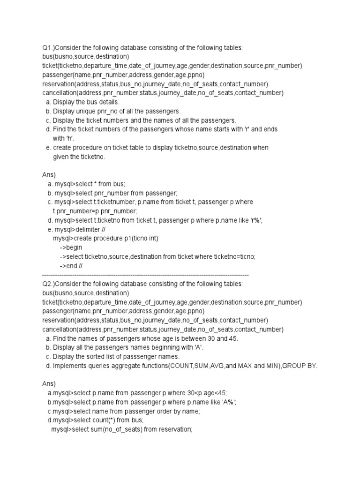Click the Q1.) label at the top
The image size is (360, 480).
coord(49,48)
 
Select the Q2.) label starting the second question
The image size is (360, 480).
coord(49,284)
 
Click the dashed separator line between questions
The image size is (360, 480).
coord(145,274)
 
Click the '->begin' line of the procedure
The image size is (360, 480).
coord(71,247)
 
